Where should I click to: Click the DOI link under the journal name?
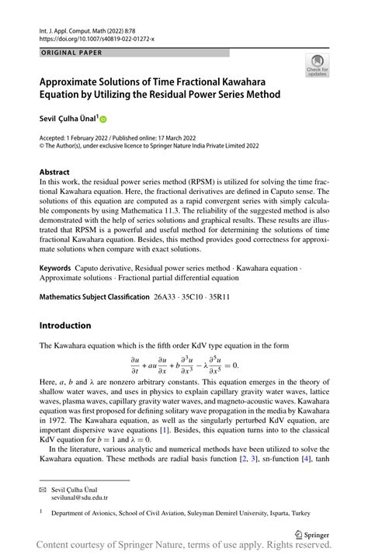tap(90, 37)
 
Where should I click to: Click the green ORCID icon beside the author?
tap(102, 119)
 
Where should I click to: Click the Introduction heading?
tap(65, 325)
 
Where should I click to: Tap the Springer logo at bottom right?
tap(312, 533)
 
